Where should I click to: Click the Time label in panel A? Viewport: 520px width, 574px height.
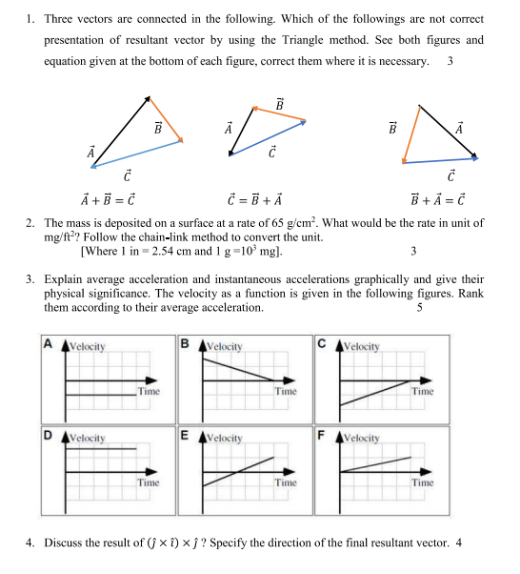pos(148,392)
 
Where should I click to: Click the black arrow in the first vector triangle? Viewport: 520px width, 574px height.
pos(121,131)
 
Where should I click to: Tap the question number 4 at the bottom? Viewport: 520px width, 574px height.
pos(30,543)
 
